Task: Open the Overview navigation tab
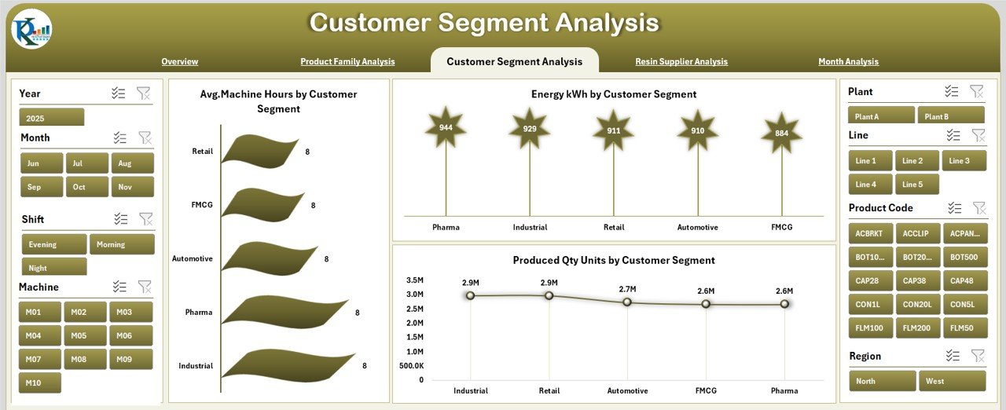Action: (x=180, y=61)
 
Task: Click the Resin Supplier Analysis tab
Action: (x=681, y=61)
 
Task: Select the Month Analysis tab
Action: (x=848, y=61)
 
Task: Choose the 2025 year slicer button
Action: (x=51, y=118)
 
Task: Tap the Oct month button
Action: (x=87, y=187)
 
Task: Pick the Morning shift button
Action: (x=122, y=244)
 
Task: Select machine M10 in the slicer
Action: (x=40, y=383)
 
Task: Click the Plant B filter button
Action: (x=950, y=116)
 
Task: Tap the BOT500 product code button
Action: (x=964, y=257)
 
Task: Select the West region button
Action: (x=952, y=381)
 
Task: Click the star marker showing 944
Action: (x=446, y=128)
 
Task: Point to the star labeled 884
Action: (x=781, y=133)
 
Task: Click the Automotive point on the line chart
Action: (x=627, y=302)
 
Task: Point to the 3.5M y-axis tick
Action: (x=414, y=280)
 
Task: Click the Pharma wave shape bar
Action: (x=283, y=312)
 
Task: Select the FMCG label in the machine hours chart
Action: (x=201, y=205)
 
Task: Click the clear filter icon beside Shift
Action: (x=146, y=219)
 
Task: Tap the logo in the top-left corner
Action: (x=31, y=29)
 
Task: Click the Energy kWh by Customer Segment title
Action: (x=613, y=94)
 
